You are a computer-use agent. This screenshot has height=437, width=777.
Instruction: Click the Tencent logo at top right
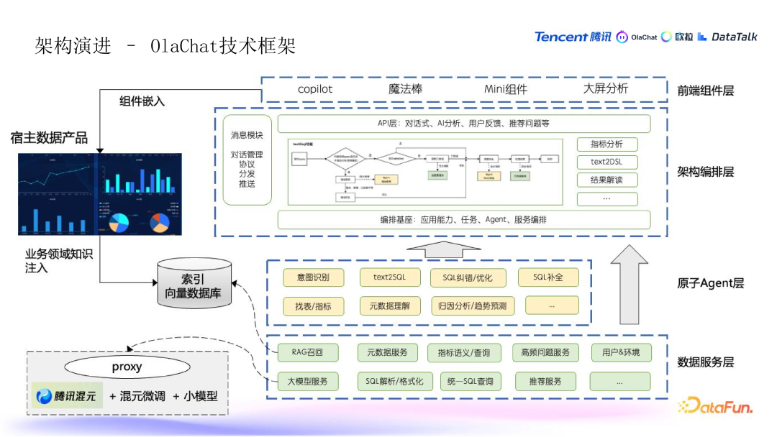tap(572, 37)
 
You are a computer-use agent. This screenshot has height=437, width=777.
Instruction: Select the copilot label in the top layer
tap(315, 89)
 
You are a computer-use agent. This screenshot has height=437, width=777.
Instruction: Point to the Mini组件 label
tap(505, 89)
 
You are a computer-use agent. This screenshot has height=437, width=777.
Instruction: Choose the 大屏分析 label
tap(605, 89)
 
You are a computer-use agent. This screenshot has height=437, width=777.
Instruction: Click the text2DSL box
tap(606, 162)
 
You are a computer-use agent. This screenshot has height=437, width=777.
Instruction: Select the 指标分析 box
tap(606, 144)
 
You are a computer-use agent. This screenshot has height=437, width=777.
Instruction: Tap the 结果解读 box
tap(606, 180)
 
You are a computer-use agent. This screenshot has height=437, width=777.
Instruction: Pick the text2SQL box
tap(389, 277)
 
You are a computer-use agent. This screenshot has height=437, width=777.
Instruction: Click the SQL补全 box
tap(552, 277)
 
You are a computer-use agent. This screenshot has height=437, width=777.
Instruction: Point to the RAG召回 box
tap(307, 352)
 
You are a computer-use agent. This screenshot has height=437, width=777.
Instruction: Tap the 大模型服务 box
tap(307, 381)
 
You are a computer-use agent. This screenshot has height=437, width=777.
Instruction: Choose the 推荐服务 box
tap(545, 381)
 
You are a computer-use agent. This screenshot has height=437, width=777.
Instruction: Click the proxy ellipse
tap(127, 367)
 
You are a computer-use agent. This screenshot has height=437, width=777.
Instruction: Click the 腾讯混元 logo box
tap(66, 396)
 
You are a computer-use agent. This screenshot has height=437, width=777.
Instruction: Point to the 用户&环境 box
tap(620, 352)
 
